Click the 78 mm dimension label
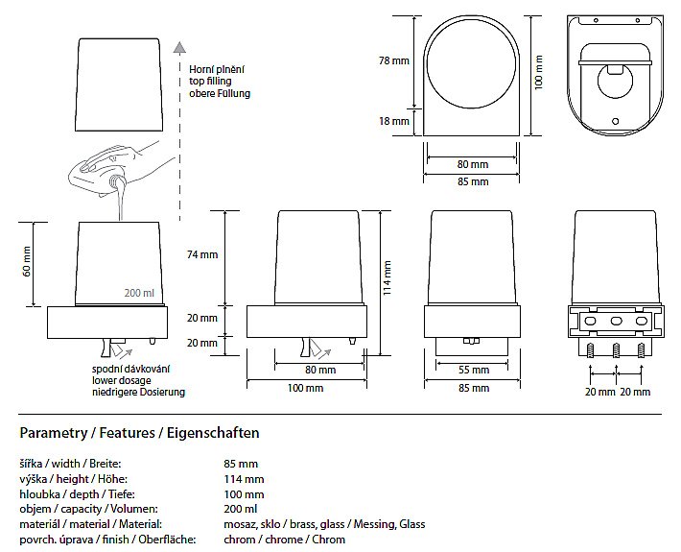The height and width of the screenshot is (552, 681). coord(394,60)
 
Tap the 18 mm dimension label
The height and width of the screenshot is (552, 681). coord(394,121)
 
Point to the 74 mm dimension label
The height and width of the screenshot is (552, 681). coord(202,254)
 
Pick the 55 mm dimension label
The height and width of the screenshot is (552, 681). coord(469,370)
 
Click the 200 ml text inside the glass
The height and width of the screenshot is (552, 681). coord(139,293)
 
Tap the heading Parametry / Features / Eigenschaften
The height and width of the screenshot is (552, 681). coord(139,433)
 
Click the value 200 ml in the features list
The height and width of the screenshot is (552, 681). coord(240,509)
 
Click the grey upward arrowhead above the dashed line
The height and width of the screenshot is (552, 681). coord(177,45)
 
